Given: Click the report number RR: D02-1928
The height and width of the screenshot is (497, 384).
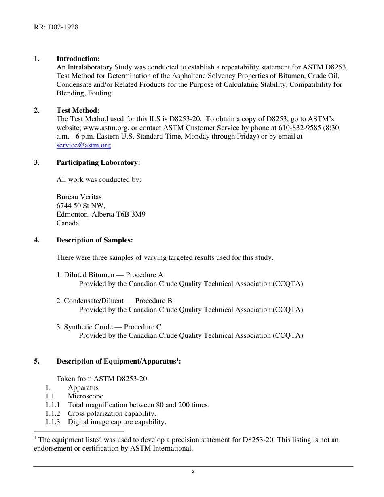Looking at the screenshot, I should [x=56, y=27].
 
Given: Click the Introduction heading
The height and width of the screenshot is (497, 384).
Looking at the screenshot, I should [x=78, y=59].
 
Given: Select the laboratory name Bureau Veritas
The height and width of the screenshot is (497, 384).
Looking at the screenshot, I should [x=79, y=197].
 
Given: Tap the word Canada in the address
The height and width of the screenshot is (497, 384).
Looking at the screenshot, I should [x=68, y=223].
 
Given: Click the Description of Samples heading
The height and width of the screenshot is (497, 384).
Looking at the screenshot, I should [x=95, y=240].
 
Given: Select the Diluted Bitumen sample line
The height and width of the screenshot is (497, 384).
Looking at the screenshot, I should [x=110, y=275].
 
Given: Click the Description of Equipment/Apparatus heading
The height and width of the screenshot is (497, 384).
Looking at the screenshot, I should [x=118, y=362].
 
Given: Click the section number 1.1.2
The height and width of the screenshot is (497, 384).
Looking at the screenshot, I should [x=53, y=413].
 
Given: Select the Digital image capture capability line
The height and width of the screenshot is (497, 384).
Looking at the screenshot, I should [x=117, y=422].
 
